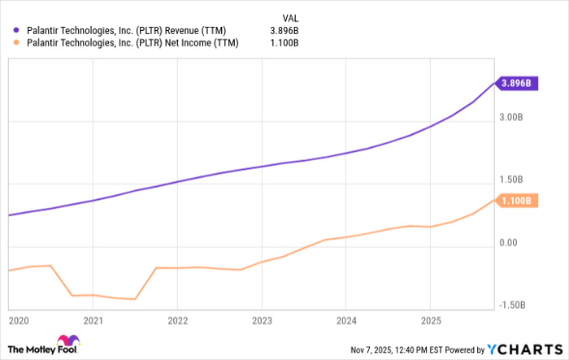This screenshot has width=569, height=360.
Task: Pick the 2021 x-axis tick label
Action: (x=93, y=320)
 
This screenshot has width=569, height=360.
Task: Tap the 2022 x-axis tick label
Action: (x=177, y=320)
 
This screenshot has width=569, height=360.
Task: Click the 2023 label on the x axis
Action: (x=262, y=320)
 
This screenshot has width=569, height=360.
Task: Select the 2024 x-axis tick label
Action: (x=346, y=320)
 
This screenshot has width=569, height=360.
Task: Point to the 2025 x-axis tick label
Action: (x=430, y=320)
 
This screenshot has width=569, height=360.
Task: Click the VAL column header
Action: (x=289, y=15)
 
